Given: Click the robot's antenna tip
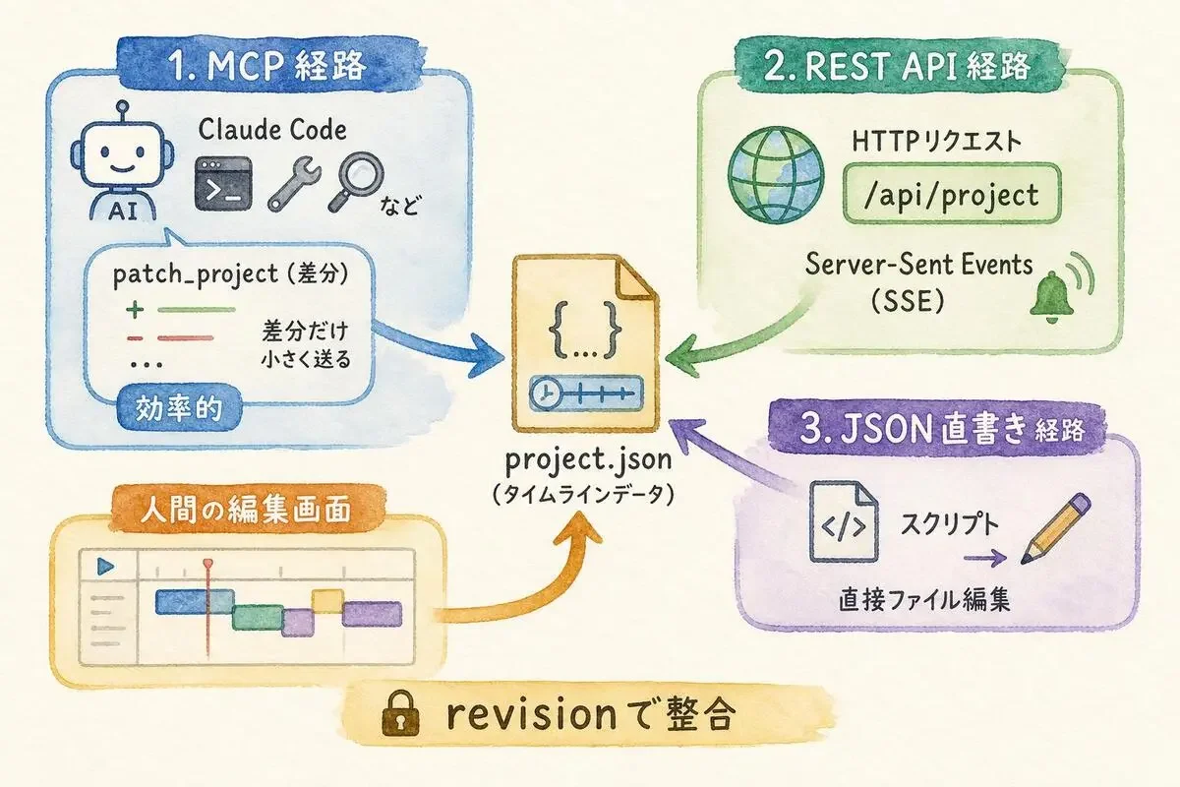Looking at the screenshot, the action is pyautogui.click(x=123, y=105).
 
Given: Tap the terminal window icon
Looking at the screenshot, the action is pyautogui.click(x=223, y=183).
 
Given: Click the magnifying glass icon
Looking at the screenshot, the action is pyautogui.click(x=356, y=182).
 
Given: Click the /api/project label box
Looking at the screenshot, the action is pyautogui.click(x=952, y=194).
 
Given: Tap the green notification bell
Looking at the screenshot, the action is pyautogui.click(x=1051, y=297).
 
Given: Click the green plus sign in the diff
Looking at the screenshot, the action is pyautogui.click(x=135, y=310).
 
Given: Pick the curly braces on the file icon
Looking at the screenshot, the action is pyautogui.click(x=585, y=330).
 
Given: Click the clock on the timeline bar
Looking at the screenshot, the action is pyautogui.click(x=544, y=393).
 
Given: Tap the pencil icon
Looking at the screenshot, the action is pyautogui.click(x=1056, y=528).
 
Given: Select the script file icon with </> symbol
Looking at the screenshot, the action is pyautogui.click(x=844, y=521).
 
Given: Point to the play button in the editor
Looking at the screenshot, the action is pyautogui.click(x=106, y=567).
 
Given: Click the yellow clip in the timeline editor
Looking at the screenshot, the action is pyautogui.click(x=327, y=601).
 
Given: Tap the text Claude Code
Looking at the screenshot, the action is pyautogui.click(x=272, y=130).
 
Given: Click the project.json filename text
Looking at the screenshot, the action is pyautogui.click(x=588, y=459).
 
